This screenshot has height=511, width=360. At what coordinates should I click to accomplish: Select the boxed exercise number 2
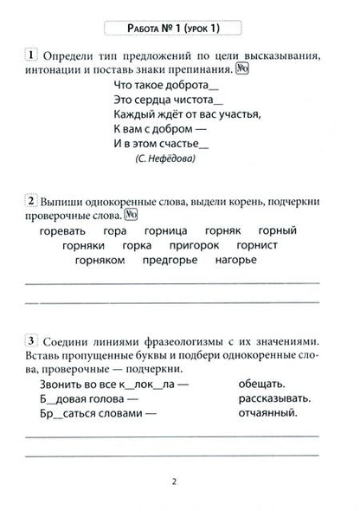pos(30,202)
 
